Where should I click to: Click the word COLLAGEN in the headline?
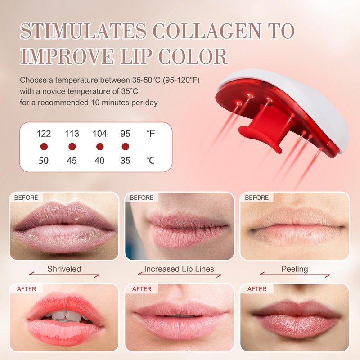tap(207, 31)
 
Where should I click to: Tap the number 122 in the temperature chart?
tap(44, 134)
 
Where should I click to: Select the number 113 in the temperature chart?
tap(72, 134)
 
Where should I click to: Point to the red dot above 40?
tap(100, 147)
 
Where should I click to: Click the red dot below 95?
tap(126, 147)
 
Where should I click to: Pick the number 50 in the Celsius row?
tap(44, 161)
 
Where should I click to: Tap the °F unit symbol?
tap(151, 133)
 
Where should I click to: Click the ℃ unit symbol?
tap(151, 160)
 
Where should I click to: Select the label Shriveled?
tap(64, 269)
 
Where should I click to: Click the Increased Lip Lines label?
tap(179, 269)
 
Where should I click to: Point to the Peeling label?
tap(295, 269)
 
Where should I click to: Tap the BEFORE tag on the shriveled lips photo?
tap(26, 198)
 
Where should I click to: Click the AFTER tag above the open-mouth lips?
tap(27, 289)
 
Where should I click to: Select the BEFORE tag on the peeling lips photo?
tap(256, 198)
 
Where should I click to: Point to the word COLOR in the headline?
tap(193, 57)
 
